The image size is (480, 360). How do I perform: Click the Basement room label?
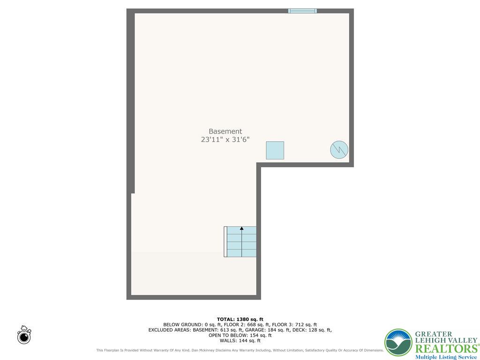[225, 132]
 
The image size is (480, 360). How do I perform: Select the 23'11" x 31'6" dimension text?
[225, 139]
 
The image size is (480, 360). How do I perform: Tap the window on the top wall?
[302, 11]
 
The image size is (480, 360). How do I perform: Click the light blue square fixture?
[275, 150]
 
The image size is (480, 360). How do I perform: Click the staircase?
[240, 242]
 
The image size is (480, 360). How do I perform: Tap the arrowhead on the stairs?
[242, 229]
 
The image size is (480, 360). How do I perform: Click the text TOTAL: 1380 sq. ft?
[240, 319]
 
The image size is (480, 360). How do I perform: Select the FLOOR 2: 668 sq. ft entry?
[247, 324]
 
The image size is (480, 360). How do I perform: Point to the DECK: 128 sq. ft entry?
[314, 330]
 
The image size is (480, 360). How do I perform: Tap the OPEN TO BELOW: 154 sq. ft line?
[240, 335]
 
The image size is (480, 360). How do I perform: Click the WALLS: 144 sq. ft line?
[240, 341]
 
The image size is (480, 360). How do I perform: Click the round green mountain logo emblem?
[398, 343]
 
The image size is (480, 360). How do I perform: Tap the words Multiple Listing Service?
[446, 357]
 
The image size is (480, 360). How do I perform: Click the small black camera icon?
[24, 336]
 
